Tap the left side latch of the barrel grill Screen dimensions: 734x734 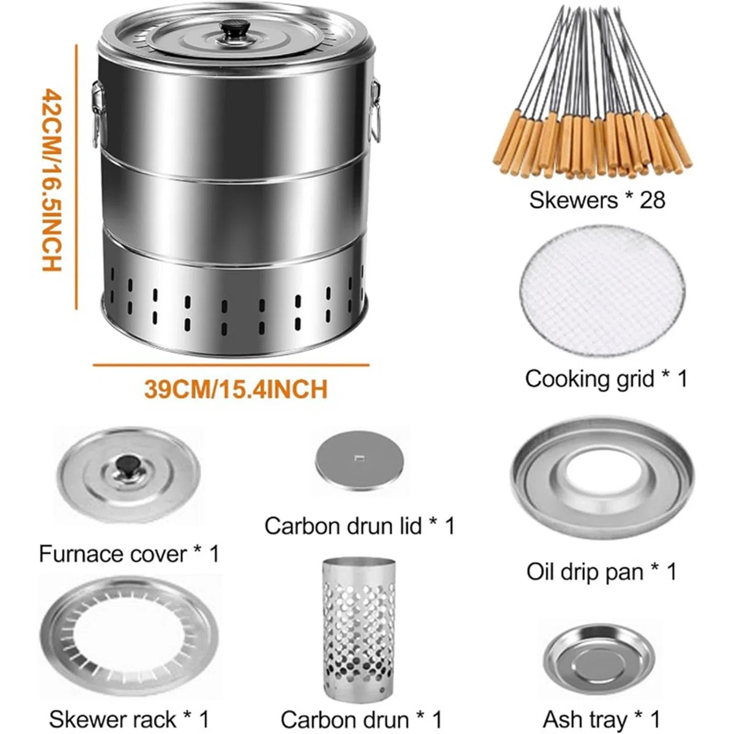(98, 114)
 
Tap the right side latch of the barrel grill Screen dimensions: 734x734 (374, 111)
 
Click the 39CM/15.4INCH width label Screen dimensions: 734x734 (235, 389)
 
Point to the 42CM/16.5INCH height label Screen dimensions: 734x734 (52, 179)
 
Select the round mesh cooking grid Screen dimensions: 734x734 (602, 291)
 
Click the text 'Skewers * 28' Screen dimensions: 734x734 (597, 200)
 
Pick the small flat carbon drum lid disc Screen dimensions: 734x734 (359, 462)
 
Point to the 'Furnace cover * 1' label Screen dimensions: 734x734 (130, 554)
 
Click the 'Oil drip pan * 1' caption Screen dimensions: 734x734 (601, 572)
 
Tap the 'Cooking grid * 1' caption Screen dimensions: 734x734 (606, 379)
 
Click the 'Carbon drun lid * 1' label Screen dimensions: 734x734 (360, 526)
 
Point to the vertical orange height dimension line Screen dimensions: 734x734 (76, 177)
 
